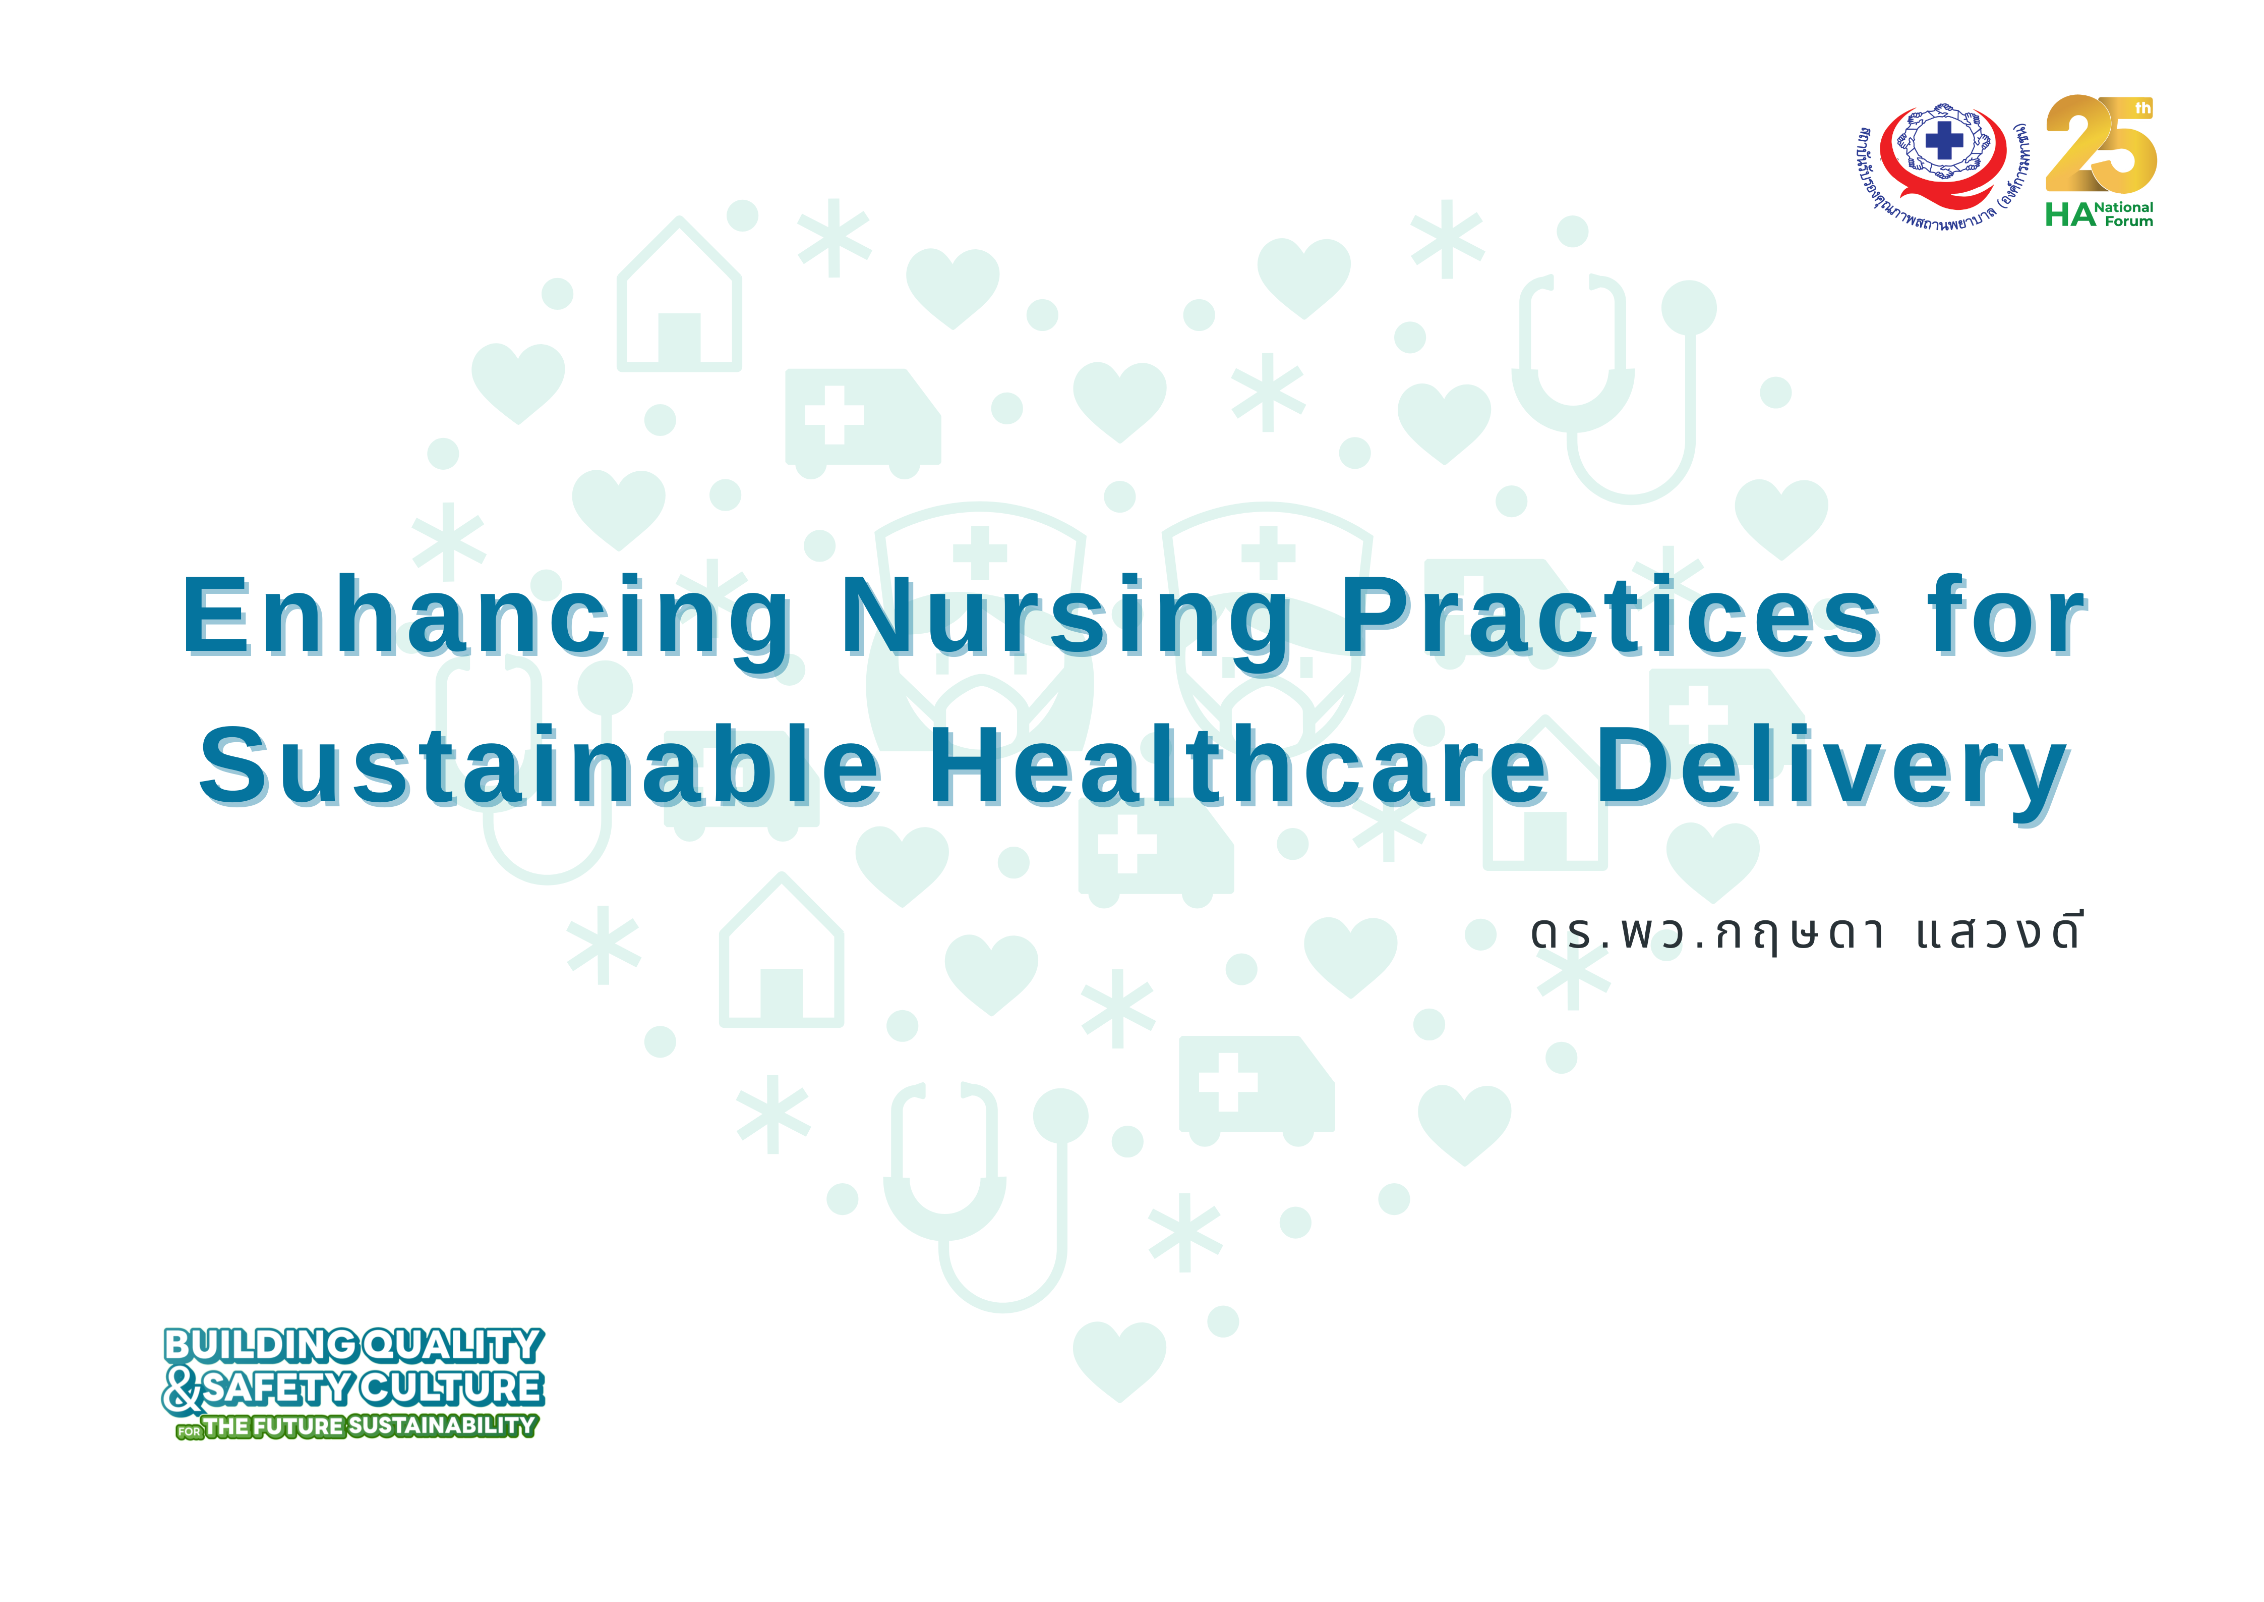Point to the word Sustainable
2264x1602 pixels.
pos(541,764)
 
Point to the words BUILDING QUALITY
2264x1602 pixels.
pos(353,1346)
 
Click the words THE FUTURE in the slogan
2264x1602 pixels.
pos(274,1426)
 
